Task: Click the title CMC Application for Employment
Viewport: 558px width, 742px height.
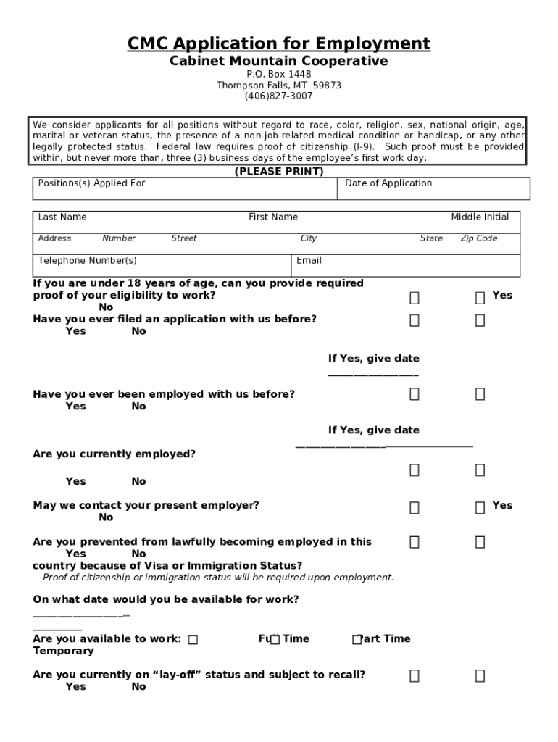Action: pos(278,43)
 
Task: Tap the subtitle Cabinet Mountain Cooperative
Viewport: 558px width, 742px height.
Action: pos(278,62)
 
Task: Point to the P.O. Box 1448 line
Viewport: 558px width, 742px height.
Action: pos(278,75)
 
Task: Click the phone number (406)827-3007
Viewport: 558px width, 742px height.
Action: pos(278,96)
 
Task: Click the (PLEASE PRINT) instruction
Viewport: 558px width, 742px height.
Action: pos(278,172)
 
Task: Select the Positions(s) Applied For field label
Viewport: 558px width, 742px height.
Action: pos(91,183)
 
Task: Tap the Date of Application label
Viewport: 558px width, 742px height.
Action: pos(388,183)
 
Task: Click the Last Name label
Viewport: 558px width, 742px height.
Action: pos(62,217)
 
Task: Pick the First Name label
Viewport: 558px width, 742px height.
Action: pos(273,217)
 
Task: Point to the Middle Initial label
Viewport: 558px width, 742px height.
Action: pos(480,217)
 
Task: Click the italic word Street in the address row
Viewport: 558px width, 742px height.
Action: pos(184,238)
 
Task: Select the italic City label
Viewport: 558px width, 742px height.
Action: pos(309,238)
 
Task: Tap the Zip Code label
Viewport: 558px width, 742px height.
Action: pos(479,238)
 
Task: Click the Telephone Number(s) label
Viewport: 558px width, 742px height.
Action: pos(87,261)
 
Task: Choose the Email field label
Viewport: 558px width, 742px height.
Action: pos(309,261)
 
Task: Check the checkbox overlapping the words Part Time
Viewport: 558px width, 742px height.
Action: pos(357,640)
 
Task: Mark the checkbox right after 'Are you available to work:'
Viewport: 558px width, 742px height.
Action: pos(193,640)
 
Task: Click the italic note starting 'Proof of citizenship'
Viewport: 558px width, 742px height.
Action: pos(218,578)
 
